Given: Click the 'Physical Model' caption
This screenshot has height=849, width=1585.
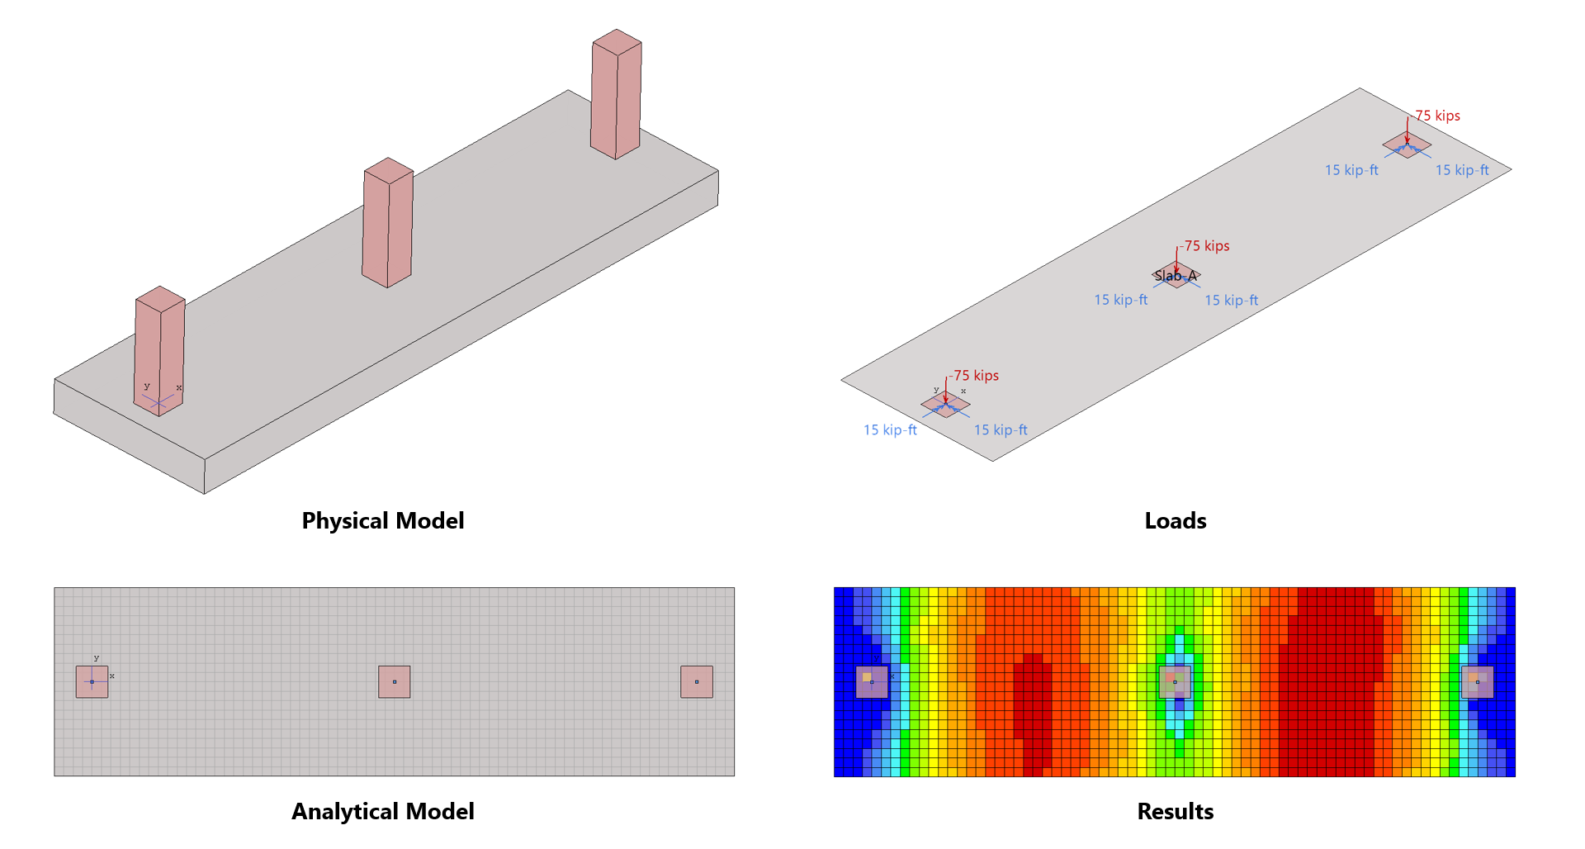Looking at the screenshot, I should (383, 521).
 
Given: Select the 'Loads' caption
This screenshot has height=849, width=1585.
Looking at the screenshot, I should (1175, 521).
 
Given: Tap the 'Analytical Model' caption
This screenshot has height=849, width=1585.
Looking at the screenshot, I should (383, 812).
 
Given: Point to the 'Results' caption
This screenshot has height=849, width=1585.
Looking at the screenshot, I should (1175, 812).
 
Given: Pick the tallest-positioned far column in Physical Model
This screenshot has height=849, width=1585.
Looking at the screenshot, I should (616, 94).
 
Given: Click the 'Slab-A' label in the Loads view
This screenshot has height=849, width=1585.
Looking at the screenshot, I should (1176, 276).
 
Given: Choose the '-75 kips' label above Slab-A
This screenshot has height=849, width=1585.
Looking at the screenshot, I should (1205, 246).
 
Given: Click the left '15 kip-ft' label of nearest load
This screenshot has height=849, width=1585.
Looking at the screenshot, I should (890, 430).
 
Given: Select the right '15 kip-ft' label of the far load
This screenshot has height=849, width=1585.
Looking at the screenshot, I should (1462, 170).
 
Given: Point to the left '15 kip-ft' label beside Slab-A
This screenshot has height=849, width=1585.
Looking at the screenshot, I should (1120, 300).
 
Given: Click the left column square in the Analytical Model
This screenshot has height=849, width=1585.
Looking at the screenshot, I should (92, 682).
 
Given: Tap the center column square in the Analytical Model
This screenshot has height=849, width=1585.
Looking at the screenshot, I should (395, 682).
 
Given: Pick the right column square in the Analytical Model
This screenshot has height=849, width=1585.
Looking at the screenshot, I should (697, 682).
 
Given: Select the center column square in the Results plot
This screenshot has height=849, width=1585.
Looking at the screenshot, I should (1175, 682).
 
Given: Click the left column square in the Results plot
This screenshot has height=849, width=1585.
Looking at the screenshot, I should (872, 682).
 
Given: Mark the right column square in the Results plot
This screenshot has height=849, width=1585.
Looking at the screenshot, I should (1478, 682).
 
